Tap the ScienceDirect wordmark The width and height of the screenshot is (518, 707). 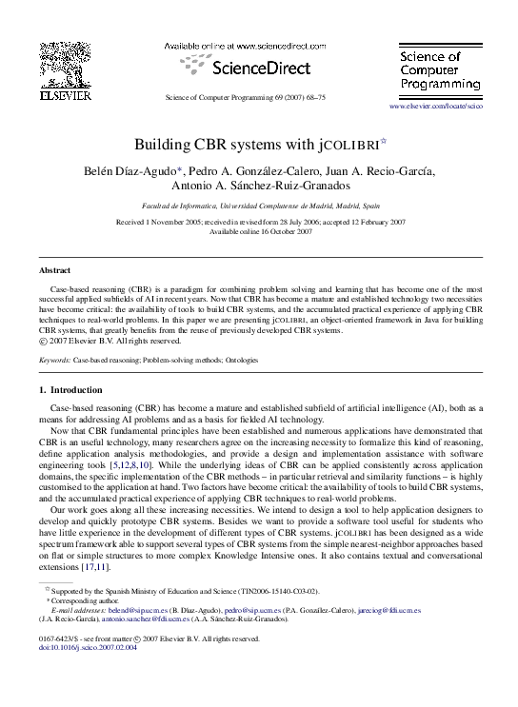click(x=246, y=68)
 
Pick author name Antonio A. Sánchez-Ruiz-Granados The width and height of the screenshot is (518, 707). click(x=259, y=186)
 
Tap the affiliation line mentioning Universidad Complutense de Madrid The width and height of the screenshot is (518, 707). click(x=259, y=205)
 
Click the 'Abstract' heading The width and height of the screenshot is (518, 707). click(x=54, y=270)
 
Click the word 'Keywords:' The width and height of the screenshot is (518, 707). click(x=55, y=361)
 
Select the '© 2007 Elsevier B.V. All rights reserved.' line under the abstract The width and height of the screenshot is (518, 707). click(x=110, y=340)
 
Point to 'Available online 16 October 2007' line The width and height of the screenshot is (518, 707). click(x=259, y=231)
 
